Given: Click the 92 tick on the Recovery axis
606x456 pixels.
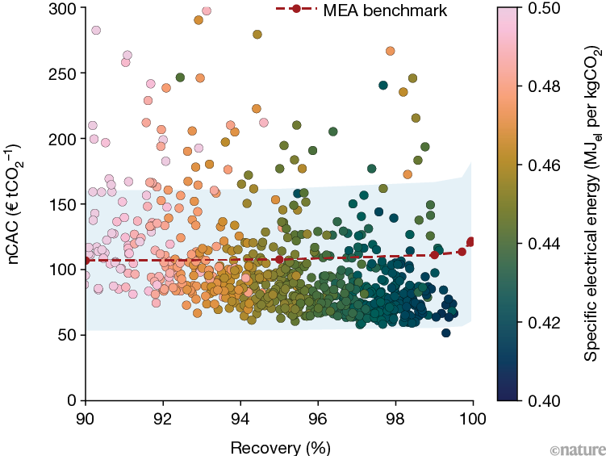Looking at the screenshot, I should pos(163,420).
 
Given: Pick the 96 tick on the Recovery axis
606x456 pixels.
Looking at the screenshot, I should pos(318,420).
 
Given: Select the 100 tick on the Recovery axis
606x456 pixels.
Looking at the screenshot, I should pos(472,420).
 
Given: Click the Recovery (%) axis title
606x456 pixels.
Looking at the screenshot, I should pos(278,446).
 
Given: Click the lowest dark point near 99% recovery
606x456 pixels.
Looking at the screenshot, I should pos(446,333).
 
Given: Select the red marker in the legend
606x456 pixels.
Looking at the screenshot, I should pos(296,9).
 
